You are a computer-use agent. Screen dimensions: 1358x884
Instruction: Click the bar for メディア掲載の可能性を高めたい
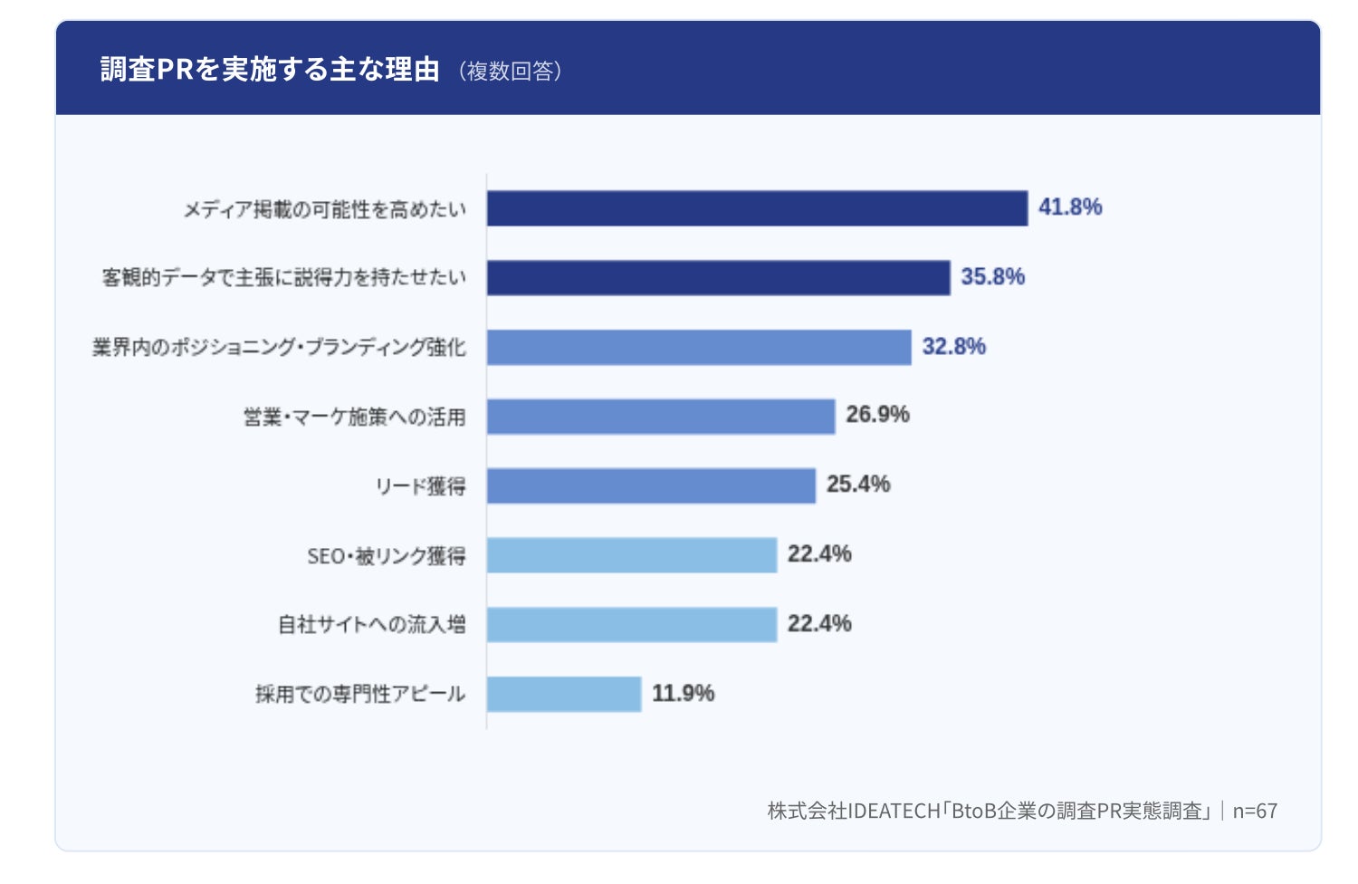(757, 208)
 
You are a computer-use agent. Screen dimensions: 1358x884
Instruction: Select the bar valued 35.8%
(719, 278)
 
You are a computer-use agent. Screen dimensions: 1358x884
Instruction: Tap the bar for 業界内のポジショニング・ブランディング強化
(699, 347)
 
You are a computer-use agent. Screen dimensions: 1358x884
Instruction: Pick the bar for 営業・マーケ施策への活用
(661, 417)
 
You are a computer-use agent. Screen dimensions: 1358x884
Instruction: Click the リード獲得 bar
(651, 485)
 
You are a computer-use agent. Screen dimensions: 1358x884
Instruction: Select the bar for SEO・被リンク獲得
(632, 555)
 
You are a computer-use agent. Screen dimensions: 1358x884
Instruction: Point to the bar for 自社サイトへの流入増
(632, 624)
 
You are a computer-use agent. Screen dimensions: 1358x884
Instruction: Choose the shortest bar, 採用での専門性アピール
(564, 694)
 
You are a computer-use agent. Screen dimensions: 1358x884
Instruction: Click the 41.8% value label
(1070, 207)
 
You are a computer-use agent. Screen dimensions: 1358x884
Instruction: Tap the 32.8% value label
(953, 346)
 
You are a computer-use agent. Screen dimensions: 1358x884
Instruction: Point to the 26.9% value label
(877, 415)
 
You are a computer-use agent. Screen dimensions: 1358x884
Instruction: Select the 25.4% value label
(858, 485)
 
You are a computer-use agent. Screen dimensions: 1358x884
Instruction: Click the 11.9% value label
(684, 693)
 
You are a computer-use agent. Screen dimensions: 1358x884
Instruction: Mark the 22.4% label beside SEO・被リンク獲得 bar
(819, 554)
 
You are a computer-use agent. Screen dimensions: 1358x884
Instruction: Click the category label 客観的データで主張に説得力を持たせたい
(284, 277)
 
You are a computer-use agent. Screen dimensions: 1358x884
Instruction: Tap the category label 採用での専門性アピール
(360, 694)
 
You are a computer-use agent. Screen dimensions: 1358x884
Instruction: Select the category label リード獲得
(421, 486)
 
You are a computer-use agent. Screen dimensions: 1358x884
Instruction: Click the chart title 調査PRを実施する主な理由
(270, 69)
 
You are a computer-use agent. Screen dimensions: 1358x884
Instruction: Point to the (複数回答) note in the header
(511, 71)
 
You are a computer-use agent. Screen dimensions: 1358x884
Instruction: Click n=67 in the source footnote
(1255, 811)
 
